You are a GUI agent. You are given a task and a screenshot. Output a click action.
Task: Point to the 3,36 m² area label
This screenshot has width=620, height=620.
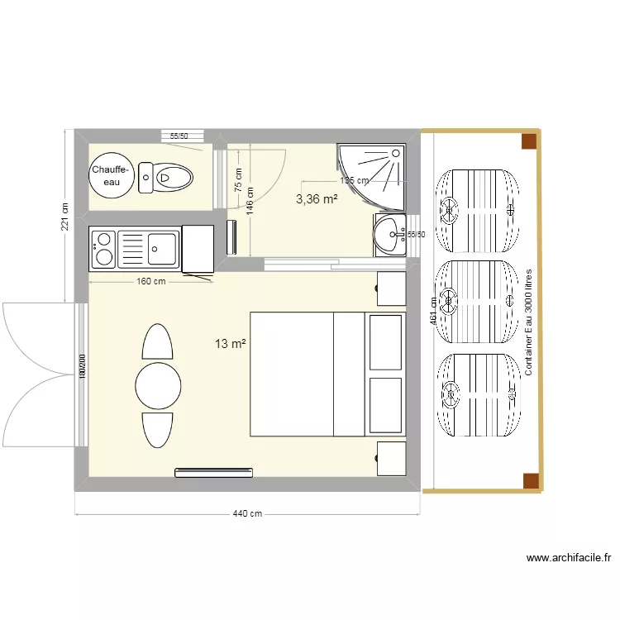(317, 198)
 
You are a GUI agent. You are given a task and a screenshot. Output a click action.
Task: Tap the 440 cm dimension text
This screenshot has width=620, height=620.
(247, 514)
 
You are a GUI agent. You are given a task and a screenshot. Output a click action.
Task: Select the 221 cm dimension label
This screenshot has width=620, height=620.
(64, 218)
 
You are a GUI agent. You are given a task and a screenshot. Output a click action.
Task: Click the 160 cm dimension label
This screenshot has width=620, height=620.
(150, 282)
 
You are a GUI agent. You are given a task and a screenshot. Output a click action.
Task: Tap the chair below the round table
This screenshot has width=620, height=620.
(157, 429)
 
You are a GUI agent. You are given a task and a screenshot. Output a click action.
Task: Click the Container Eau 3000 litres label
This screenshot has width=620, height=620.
(529, 322)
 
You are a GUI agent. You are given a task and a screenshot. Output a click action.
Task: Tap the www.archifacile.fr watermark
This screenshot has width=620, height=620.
(568, 559)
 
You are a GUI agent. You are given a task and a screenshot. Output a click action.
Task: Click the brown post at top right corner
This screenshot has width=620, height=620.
(529, 141)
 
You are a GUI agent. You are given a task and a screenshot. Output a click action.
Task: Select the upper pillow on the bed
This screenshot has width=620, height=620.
(386, 342)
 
